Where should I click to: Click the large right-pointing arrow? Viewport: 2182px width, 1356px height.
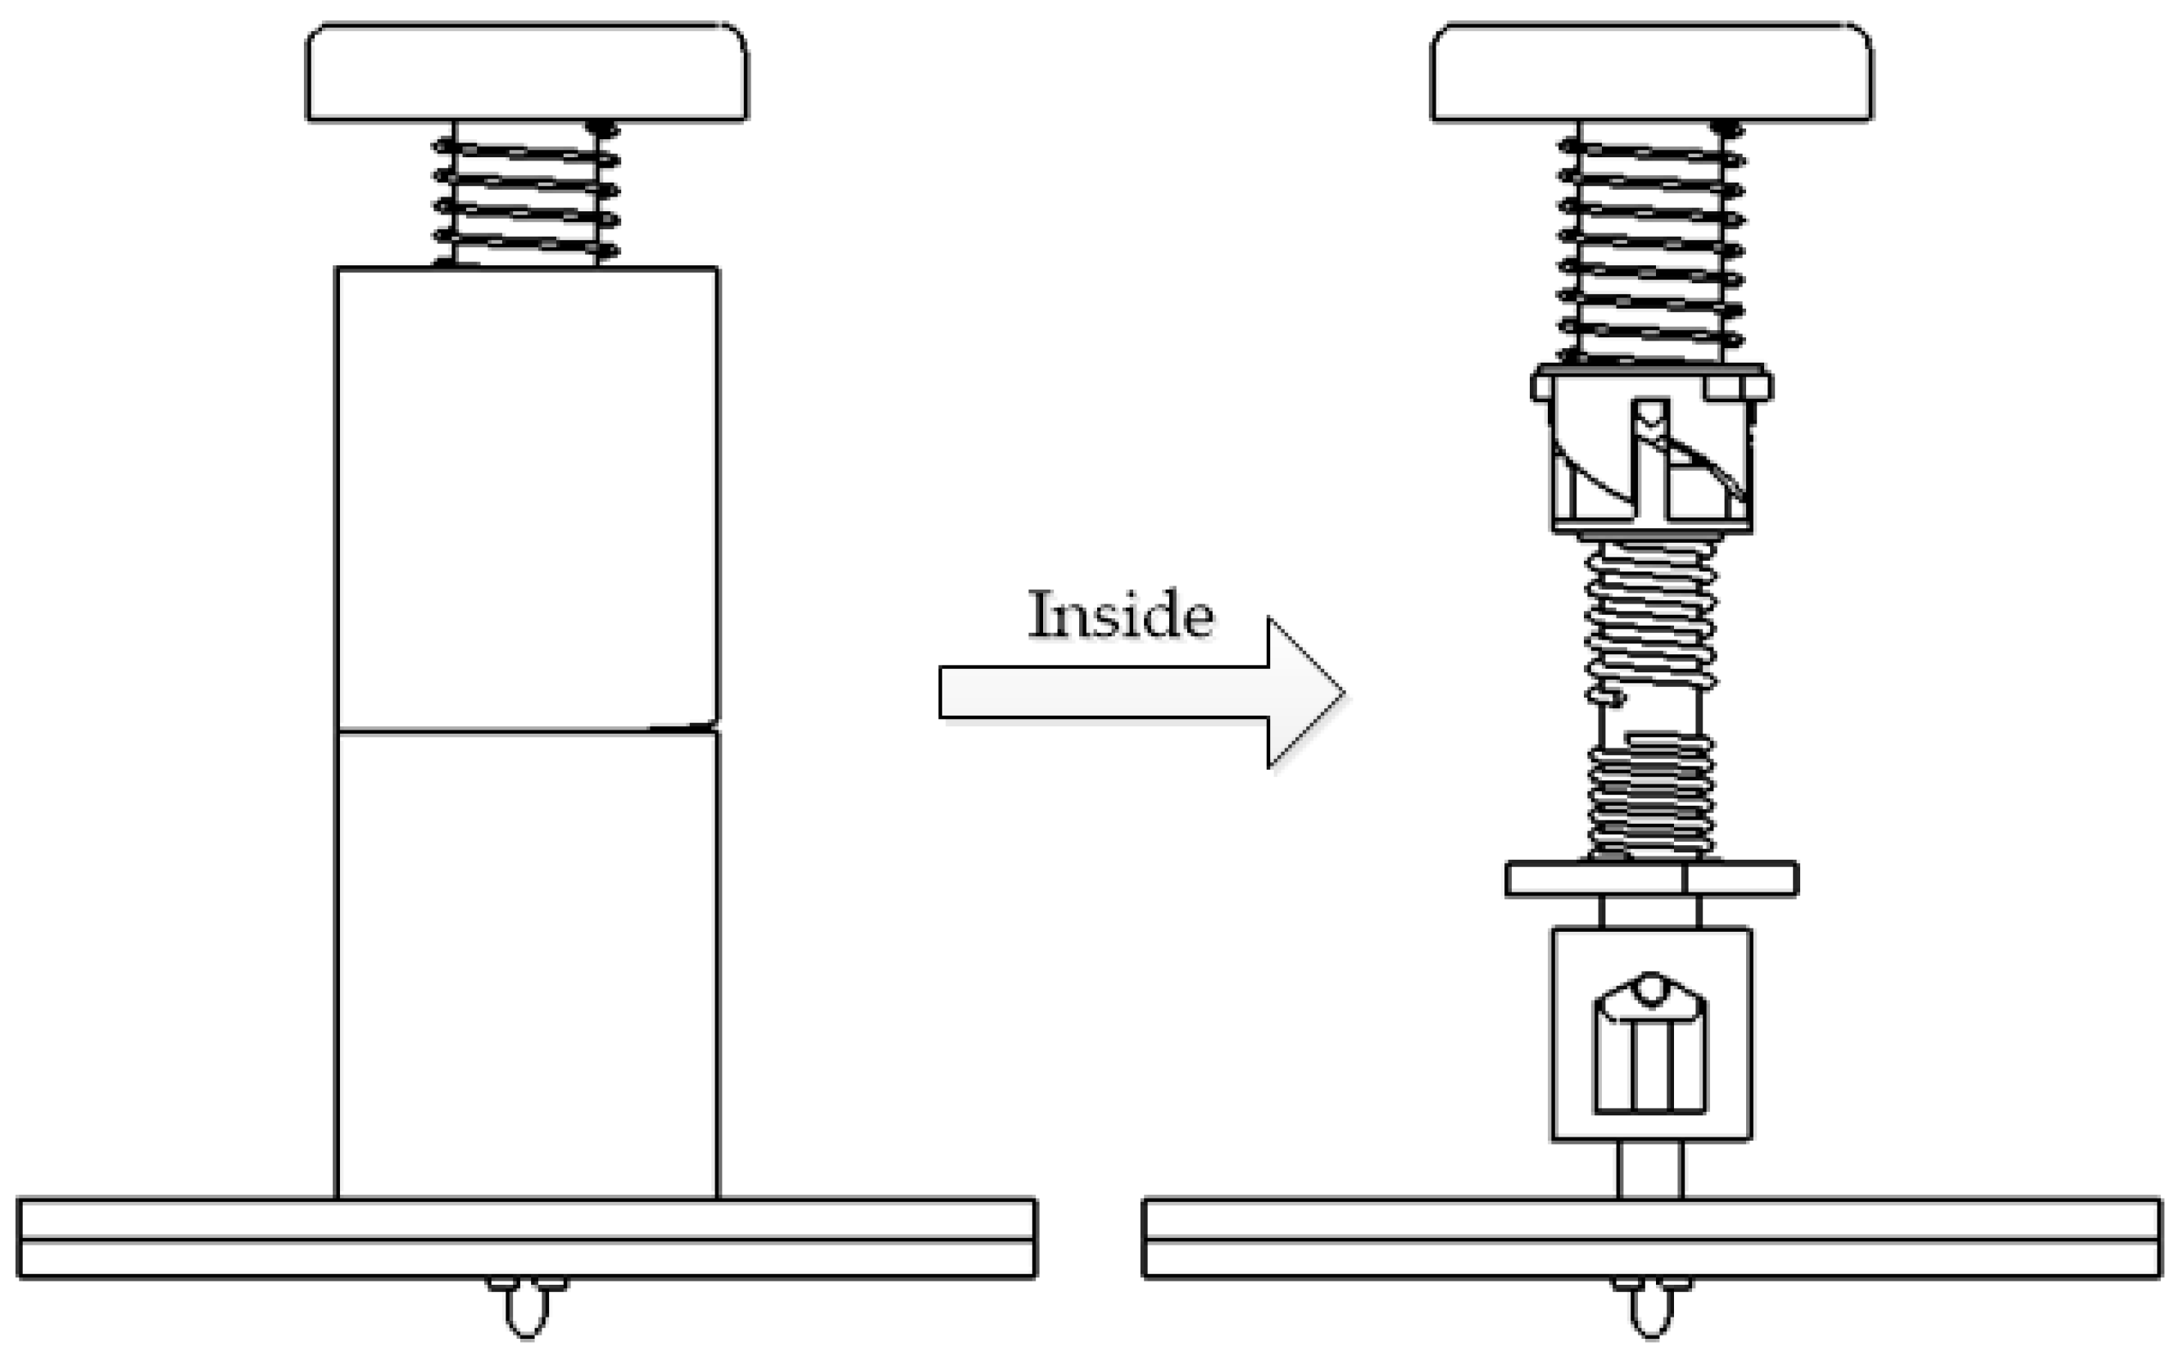(x=1140, y=693)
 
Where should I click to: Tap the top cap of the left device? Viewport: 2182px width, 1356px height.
(x=527, y=72)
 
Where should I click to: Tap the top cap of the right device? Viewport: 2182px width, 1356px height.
(x=1651, y=72)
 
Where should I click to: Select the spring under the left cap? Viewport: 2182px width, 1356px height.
(x=527, y=192)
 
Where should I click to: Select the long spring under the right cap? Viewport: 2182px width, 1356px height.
(x=1651, y=242)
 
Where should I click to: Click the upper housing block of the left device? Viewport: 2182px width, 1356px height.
(x=527, y=498)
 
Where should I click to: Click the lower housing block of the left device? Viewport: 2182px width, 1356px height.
(x=527, y=964)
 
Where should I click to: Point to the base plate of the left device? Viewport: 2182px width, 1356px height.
(x=527, y=1237)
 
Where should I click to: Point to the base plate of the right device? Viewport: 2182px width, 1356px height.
(x=1651, y=1237)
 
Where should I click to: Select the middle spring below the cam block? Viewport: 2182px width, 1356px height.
(x=1651, y=619)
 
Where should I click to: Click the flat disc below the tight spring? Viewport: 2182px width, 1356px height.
(x=1651, y=879)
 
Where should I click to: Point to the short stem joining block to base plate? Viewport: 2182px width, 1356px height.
(x=1650, y=1169)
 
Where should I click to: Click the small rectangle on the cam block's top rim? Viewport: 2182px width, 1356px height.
(x=1722, y=387)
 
